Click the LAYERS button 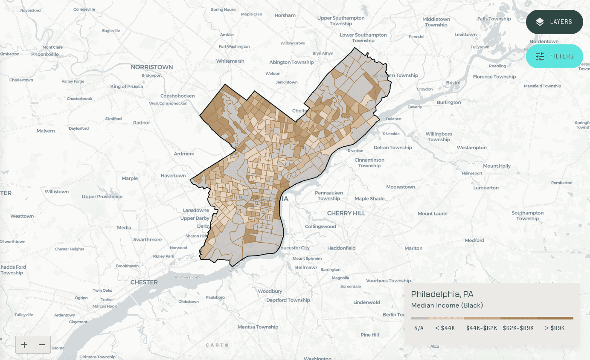[554, 22]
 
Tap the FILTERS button [554, 56]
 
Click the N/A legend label [419, 328]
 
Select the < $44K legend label [445, 328]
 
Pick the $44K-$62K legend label [482, 328]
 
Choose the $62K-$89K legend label [518, 328]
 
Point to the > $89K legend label [555, 328]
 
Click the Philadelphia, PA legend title [442, 294]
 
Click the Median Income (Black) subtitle [447, 305]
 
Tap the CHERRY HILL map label [346, 213]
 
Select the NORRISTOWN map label [151, 67]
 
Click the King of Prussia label [127, 87]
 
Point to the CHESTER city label [144, 282]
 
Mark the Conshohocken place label [177, 96]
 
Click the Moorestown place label [400, 187]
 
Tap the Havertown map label [173, 176]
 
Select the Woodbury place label [270, 291]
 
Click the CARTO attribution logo [217, 345]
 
